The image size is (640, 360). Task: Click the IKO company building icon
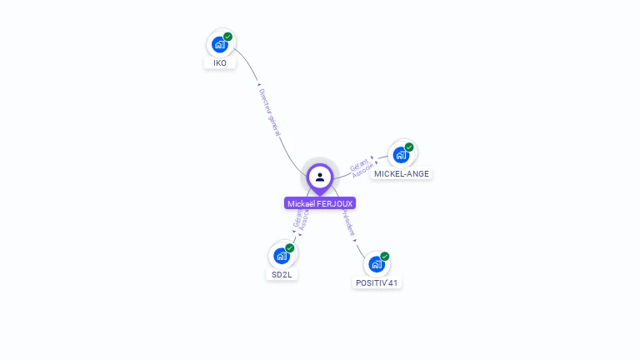coord(220,44)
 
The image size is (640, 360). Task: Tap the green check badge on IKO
coord(227,37)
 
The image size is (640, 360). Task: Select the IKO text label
coord(220,63)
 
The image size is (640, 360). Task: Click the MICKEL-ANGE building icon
coord(402,155)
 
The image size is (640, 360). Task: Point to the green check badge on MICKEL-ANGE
coord(409,147)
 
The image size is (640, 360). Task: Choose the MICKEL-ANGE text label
coord(402,174)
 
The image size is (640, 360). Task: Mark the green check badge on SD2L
coord(290,248)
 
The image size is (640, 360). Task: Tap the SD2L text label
coord(282,275)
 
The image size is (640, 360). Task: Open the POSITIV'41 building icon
coord(377,264)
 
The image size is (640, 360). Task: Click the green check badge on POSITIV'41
coord(385,257)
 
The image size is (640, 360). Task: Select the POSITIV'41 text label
coord(377,283)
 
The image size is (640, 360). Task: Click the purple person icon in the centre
coord(320,177)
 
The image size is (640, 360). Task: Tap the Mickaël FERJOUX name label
coord(320,203)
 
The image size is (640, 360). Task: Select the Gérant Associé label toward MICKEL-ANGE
coord(362,164)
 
